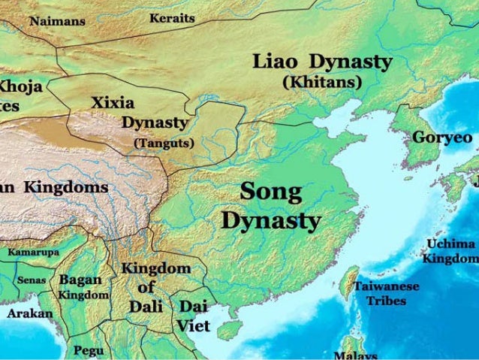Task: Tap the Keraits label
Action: click(x=172, y=17)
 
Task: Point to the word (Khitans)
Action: click(x=322, y=80)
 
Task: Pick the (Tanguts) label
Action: click(x=164, y=142)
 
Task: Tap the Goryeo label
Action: click(x=442, y=138)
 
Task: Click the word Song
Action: click(x=271, y=192)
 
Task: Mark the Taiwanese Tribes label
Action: click(x=387, y=293)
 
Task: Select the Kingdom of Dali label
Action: click(x=156, y=286)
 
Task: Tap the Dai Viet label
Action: click(x=194, y=316)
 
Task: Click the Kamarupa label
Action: click(x=33, y=253)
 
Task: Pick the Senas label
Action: click(x=32, y=280)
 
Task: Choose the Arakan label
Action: click(x=30, y=313)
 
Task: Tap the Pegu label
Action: click(x=89, y=349)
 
